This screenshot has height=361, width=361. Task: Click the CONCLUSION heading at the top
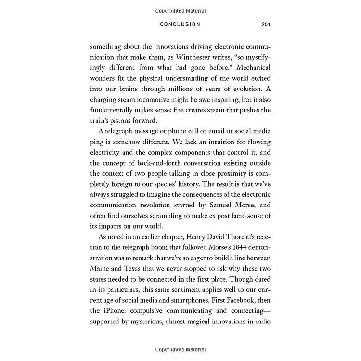[x=180, y=24]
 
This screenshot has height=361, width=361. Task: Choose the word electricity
[x=106, y=155]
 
